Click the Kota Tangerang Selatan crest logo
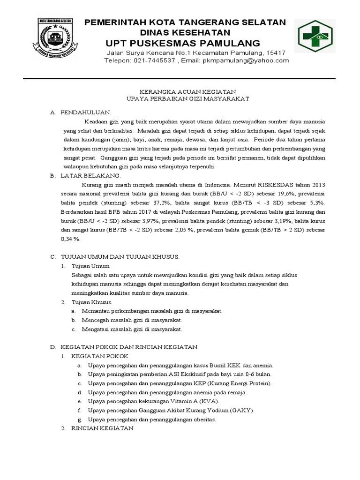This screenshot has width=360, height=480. (x=59, y=39)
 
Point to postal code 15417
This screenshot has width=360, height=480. (x=276, y=52)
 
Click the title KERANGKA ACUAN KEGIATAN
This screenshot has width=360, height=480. (x=182, y=92)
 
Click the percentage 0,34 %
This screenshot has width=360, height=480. (x=70, y=239)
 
